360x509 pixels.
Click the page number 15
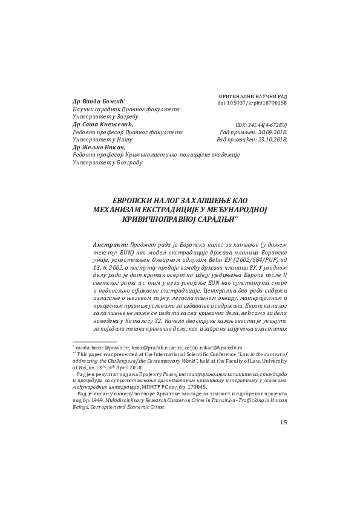pyautogui.click(x=284, y=421)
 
